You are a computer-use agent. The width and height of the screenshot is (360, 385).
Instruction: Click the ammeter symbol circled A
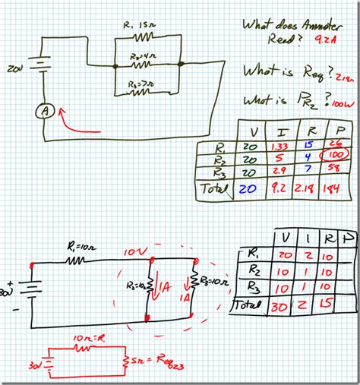pos(44,111)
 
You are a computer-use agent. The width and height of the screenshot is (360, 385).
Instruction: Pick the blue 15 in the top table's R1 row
pos(308,144)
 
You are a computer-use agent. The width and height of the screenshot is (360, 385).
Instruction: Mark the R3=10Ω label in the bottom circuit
pos(210,280)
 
